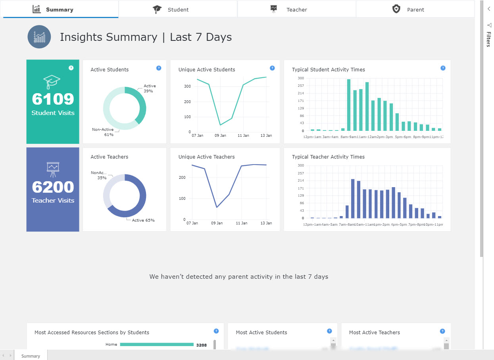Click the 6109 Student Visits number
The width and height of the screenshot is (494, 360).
pos(53,99)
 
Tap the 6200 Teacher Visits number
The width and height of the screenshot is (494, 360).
pos(53,187)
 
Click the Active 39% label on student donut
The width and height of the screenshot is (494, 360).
pos(150,88)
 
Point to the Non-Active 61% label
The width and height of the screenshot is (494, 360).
pos(103,132)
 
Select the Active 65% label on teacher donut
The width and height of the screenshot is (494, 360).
pos(143,220)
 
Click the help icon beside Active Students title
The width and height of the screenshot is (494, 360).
pos(159,68)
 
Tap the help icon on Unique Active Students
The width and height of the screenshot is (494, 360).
pos(272,68)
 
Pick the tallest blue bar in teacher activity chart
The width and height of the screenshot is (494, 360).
pos(352,198)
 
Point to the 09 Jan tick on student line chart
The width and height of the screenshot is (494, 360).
pos(220,136)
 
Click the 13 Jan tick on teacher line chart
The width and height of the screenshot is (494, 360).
pos(266,223)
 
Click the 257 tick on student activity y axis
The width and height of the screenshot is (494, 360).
pos(301,86)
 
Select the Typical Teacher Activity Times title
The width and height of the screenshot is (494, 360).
pos(328,157)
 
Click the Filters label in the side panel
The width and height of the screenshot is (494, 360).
pos(488,40)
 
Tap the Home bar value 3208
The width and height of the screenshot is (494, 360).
pos(201,345)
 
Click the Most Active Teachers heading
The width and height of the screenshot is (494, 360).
pos(374,333)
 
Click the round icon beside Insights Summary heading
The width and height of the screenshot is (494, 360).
pos(39,37)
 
